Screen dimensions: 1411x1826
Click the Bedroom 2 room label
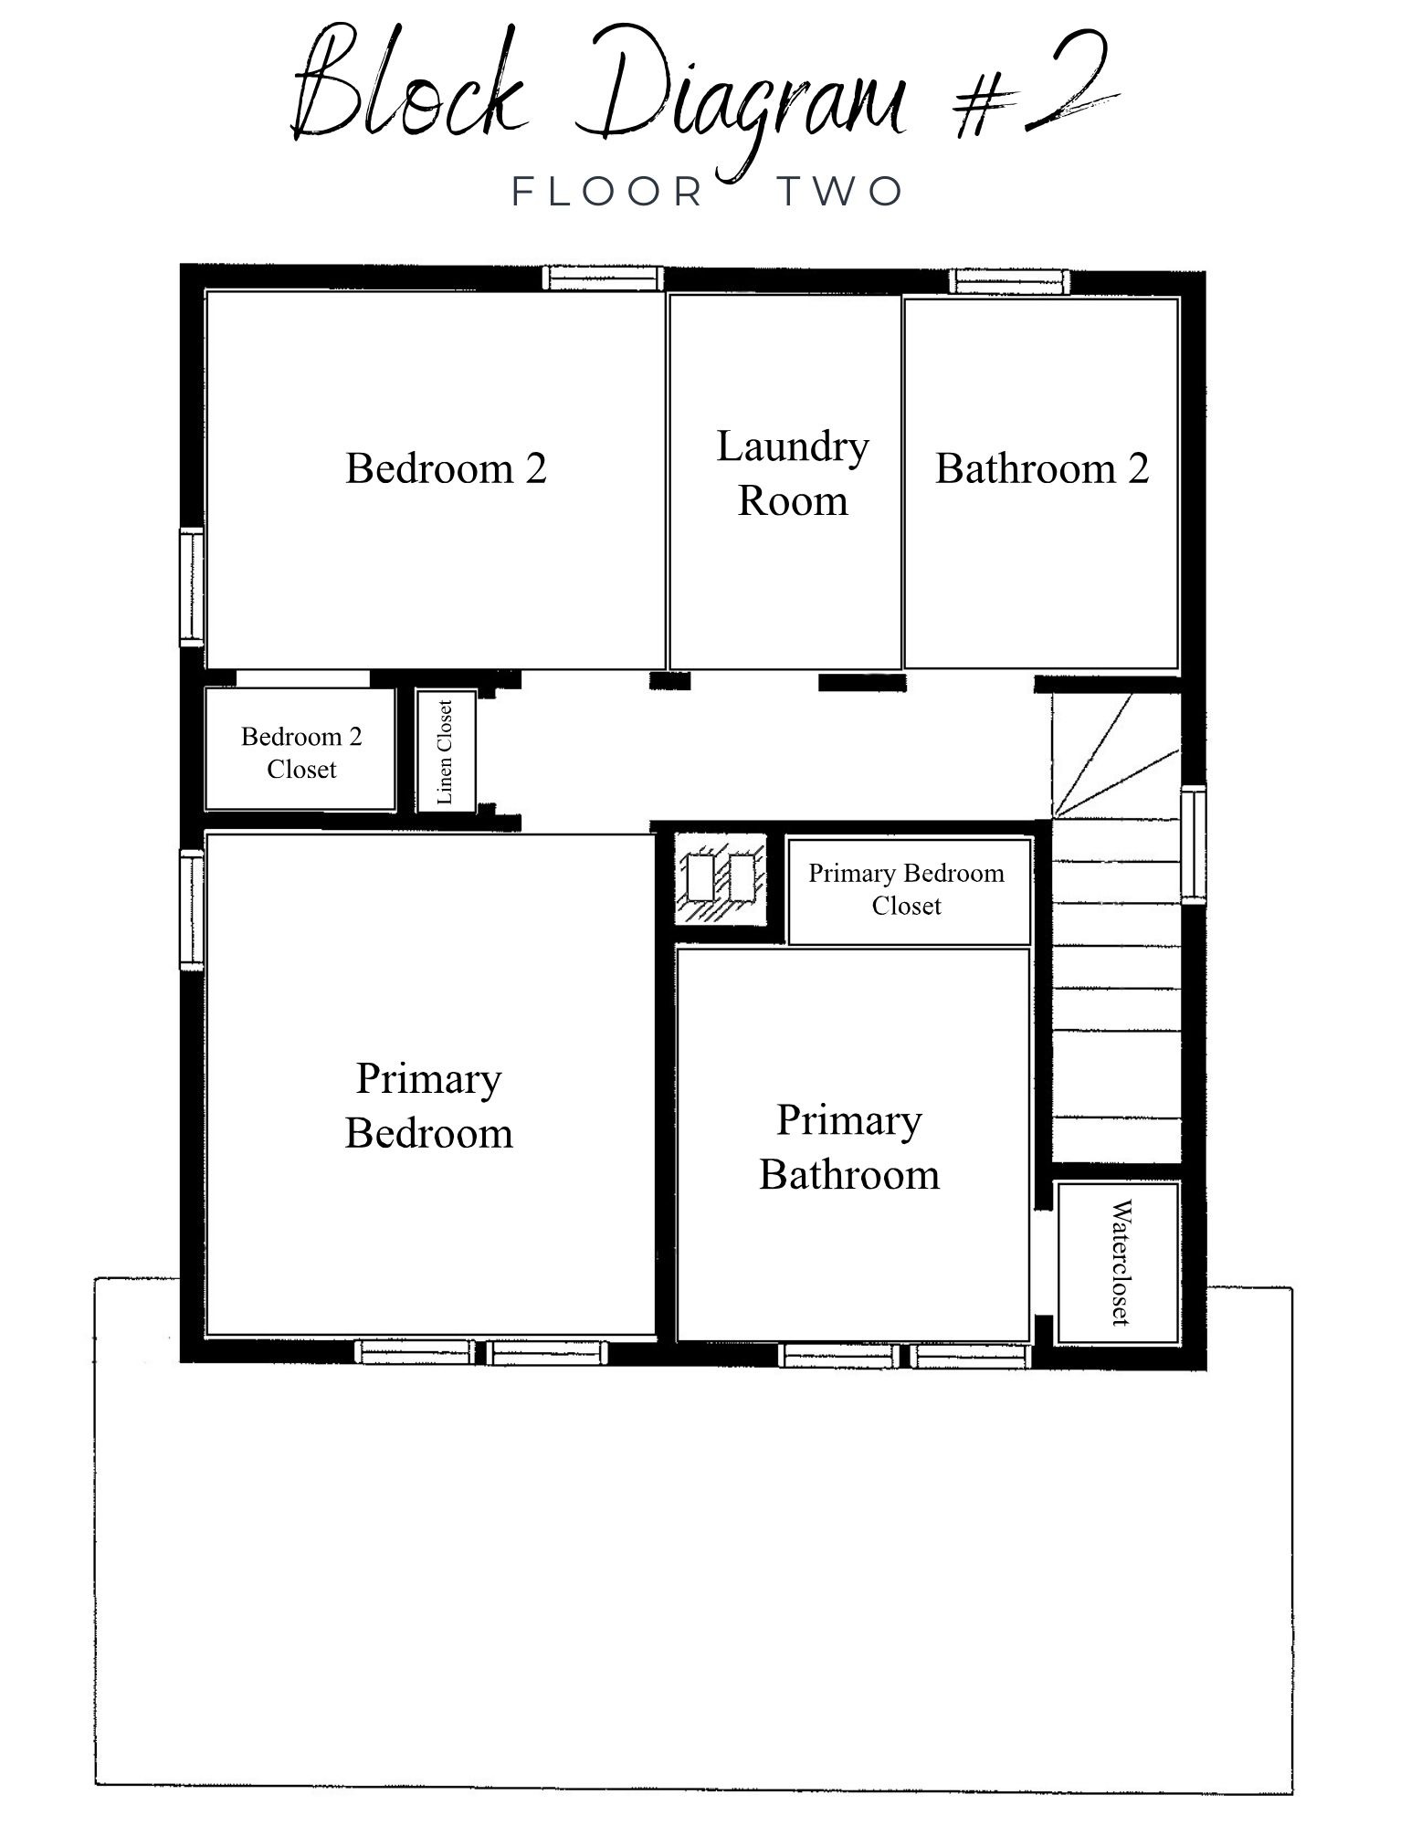[x=446, y=468]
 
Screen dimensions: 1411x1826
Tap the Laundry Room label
[x=793, y=473]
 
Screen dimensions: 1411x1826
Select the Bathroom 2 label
[x=1042, y=468]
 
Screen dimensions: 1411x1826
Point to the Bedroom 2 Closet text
[x=301, y=752]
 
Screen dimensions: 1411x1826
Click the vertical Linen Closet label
[x=445, y=752]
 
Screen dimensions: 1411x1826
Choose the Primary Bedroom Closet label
[x=906, y=889]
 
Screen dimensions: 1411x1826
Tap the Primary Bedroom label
[x=428, y=1106]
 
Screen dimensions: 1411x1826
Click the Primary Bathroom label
[x=849, y=1147]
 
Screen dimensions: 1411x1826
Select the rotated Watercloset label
[x=1120, y=1262]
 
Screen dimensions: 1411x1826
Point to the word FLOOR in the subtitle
[x=606, y=192]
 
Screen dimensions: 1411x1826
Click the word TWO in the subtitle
[x=840, y=192]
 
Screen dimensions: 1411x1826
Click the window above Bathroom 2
[x=1008, y=281]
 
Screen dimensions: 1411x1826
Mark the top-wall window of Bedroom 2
[x=603, y=278]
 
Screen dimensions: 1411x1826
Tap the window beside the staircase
[x=1194, y=845]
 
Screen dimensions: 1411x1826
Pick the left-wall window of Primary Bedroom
[x=192, y=909]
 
